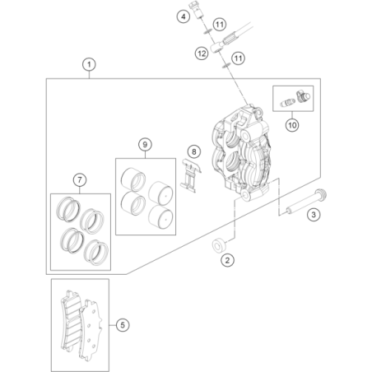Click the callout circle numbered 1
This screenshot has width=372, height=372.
pos(89,65)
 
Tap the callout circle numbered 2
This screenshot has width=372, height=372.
pos(227,260)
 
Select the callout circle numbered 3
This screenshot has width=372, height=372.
pos(314,214)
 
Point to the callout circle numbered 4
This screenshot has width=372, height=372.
pos(184,16)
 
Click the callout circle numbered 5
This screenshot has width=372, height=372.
pos(123,325)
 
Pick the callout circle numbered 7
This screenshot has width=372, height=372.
pos(80,180)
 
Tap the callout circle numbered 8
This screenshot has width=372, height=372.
pos(194,151)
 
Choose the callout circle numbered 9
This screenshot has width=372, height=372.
pos(145,144)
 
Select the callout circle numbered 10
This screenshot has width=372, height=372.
pos(292,125)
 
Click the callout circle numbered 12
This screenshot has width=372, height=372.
pos(202,53)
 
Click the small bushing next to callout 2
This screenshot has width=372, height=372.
pos(219,245)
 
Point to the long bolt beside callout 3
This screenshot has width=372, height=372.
pos(306,202)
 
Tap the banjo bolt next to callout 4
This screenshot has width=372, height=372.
pos(197,9)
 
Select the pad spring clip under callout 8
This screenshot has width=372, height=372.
pos(191,175)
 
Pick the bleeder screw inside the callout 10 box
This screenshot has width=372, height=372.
pos(287,103)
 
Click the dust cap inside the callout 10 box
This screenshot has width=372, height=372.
pos(303,96)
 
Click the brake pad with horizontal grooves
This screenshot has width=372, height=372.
pos(71,321)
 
